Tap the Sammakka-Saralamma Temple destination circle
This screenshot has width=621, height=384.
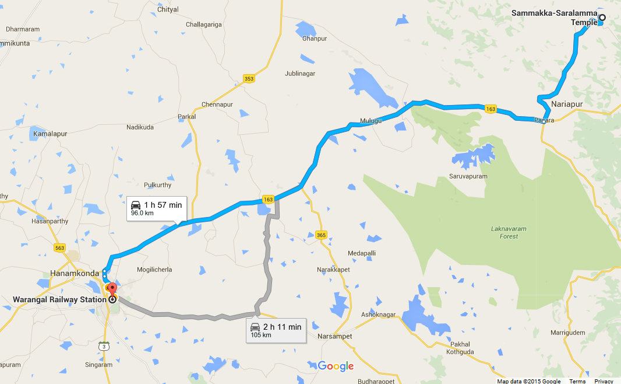602,18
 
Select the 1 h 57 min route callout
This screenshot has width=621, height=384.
156,208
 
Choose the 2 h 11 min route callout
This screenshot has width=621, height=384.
276,330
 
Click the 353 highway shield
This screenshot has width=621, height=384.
249,79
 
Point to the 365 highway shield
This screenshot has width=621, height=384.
321,235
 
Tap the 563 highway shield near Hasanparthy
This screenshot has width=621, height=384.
59,247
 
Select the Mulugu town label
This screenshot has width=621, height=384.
371,121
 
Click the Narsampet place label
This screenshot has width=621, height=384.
336,337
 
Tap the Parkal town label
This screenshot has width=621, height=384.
187,117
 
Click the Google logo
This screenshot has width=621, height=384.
336,366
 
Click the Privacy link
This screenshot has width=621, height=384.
604,381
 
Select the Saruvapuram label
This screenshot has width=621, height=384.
468,176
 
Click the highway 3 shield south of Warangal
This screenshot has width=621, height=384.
104,346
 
